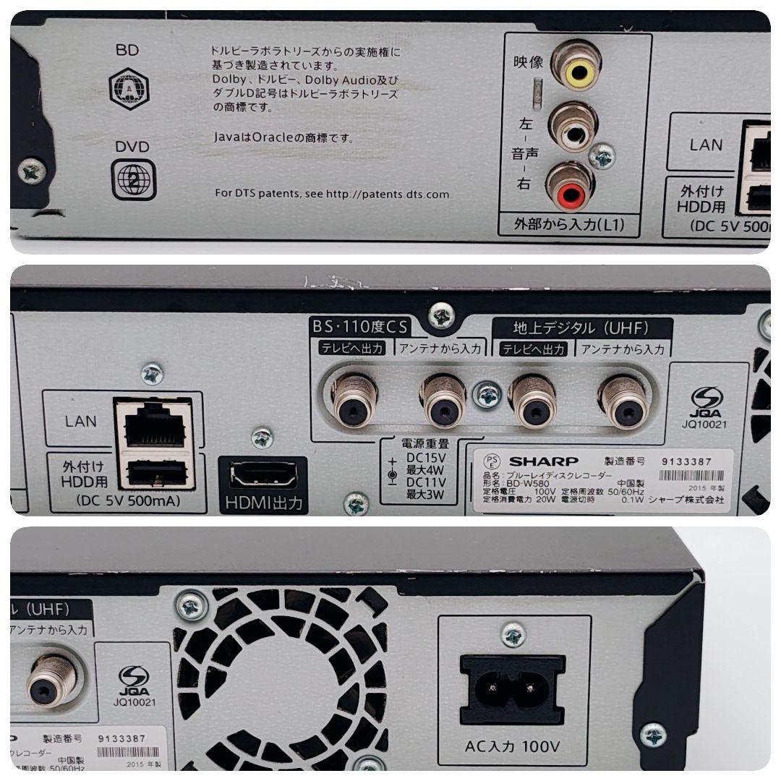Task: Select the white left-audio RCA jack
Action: pyautogui.click(x=573, y=130)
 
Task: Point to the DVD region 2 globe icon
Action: pyautogui.click(x=134, y=179)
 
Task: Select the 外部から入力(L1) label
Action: pyautogui.click(x=571, y=225)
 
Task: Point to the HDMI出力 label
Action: pyautogui.click(x=263, y=503)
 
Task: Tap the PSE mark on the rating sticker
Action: pyautogui.click(x=492, y=462)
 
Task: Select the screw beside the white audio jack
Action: pyautogui.click(x=602, y=155)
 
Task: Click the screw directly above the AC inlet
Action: pyautogui.click(x=513, y=635)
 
